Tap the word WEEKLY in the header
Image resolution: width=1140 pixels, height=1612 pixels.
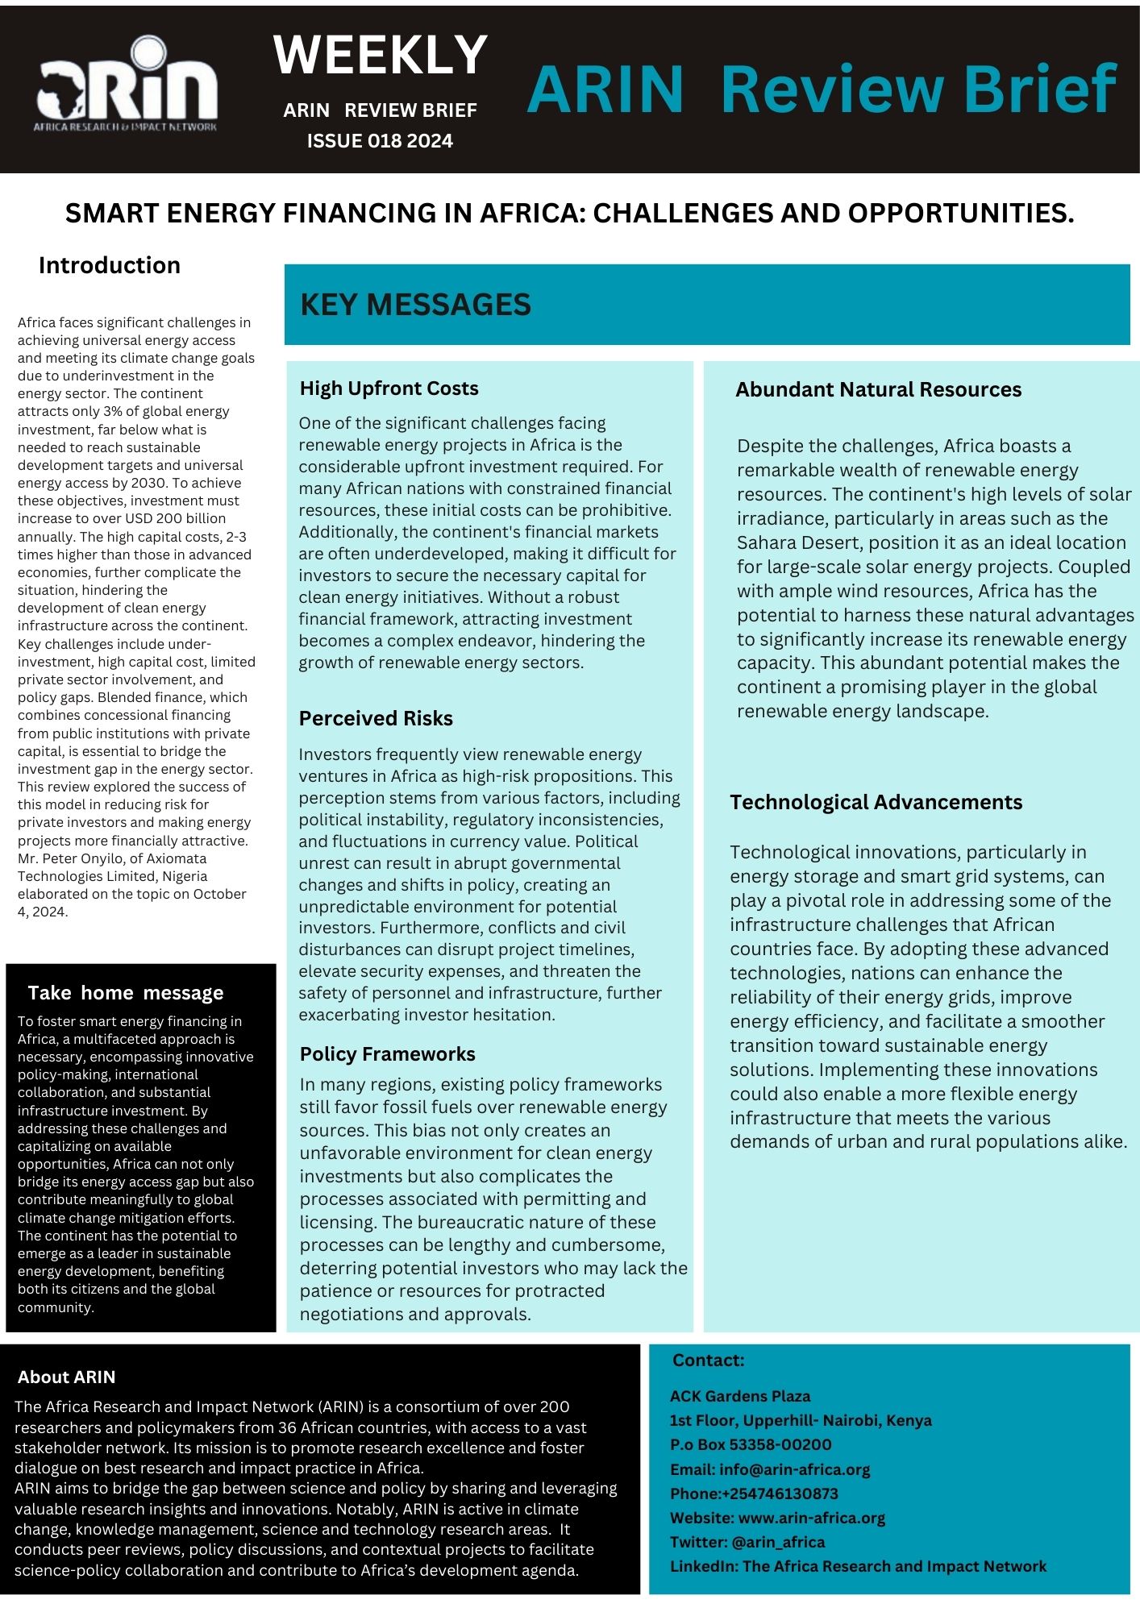coord(381,55)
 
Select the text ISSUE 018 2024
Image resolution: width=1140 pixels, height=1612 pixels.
coord(380,141)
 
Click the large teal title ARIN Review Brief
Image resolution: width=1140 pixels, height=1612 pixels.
coord(821,89)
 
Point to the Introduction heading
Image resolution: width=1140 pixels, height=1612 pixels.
coord(110,265)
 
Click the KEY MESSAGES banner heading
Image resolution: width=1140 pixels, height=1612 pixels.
coord(415,305)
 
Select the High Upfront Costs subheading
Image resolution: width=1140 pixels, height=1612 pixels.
coord(389,388)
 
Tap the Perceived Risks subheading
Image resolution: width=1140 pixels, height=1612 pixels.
coord(376,718)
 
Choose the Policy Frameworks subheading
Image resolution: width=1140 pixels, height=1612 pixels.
coord(387,1053)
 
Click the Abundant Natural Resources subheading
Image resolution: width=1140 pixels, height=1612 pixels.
coord(878,389)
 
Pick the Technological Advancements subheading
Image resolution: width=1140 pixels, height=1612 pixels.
coord(876,802)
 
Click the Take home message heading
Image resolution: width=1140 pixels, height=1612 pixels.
coord(126,992)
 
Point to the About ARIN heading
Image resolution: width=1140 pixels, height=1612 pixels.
coord(67,1377)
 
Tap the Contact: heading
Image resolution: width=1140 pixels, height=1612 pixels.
coord(708,1361)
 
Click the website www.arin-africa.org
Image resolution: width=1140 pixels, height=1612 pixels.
coord(811,1518)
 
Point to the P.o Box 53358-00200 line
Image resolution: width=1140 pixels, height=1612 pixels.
coord(751,1444)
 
